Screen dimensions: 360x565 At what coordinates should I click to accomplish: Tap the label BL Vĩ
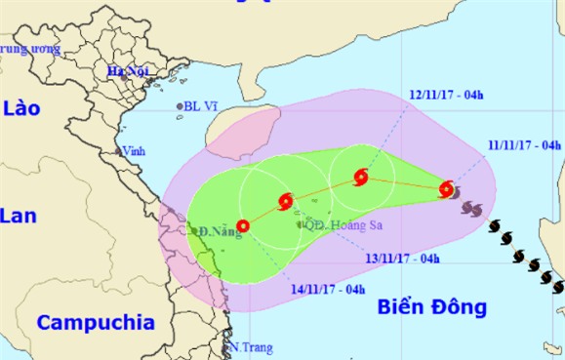[x=202, y=106]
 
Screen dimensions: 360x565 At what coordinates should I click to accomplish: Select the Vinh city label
[x=133, y=151]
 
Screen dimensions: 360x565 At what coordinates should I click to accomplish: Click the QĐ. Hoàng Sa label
[x=339, y=224]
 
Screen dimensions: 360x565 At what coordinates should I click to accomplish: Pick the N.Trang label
[x=251, y=347]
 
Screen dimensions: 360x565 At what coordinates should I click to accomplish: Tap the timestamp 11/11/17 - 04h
[x=524, y=144]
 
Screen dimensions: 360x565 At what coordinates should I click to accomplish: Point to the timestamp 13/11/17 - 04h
[x=402, y=259]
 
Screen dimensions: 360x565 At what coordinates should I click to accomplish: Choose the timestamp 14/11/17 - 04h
[x=327, y=289]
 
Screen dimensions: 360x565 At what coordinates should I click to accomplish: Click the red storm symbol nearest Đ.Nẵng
[x=243, y=226]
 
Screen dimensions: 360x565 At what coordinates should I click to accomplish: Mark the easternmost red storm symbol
[x=446, y=188]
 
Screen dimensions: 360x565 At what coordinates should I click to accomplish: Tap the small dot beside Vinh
[x=117, y=150]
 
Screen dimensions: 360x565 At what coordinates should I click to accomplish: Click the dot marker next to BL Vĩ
[x=180, y=106]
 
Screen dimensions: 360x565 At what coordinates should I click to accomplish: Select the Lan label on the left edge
[x=18, y=216]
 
